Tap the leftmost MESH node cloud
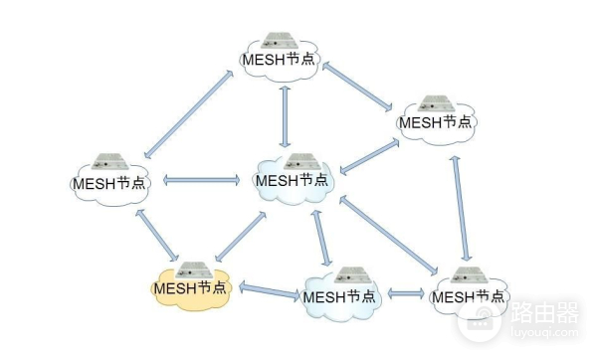(110, 181)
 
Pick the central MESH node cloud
(291, 179)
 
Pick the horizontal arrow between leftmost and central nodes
(201, 181)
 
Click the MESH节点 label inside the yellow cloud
(189, 288)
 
